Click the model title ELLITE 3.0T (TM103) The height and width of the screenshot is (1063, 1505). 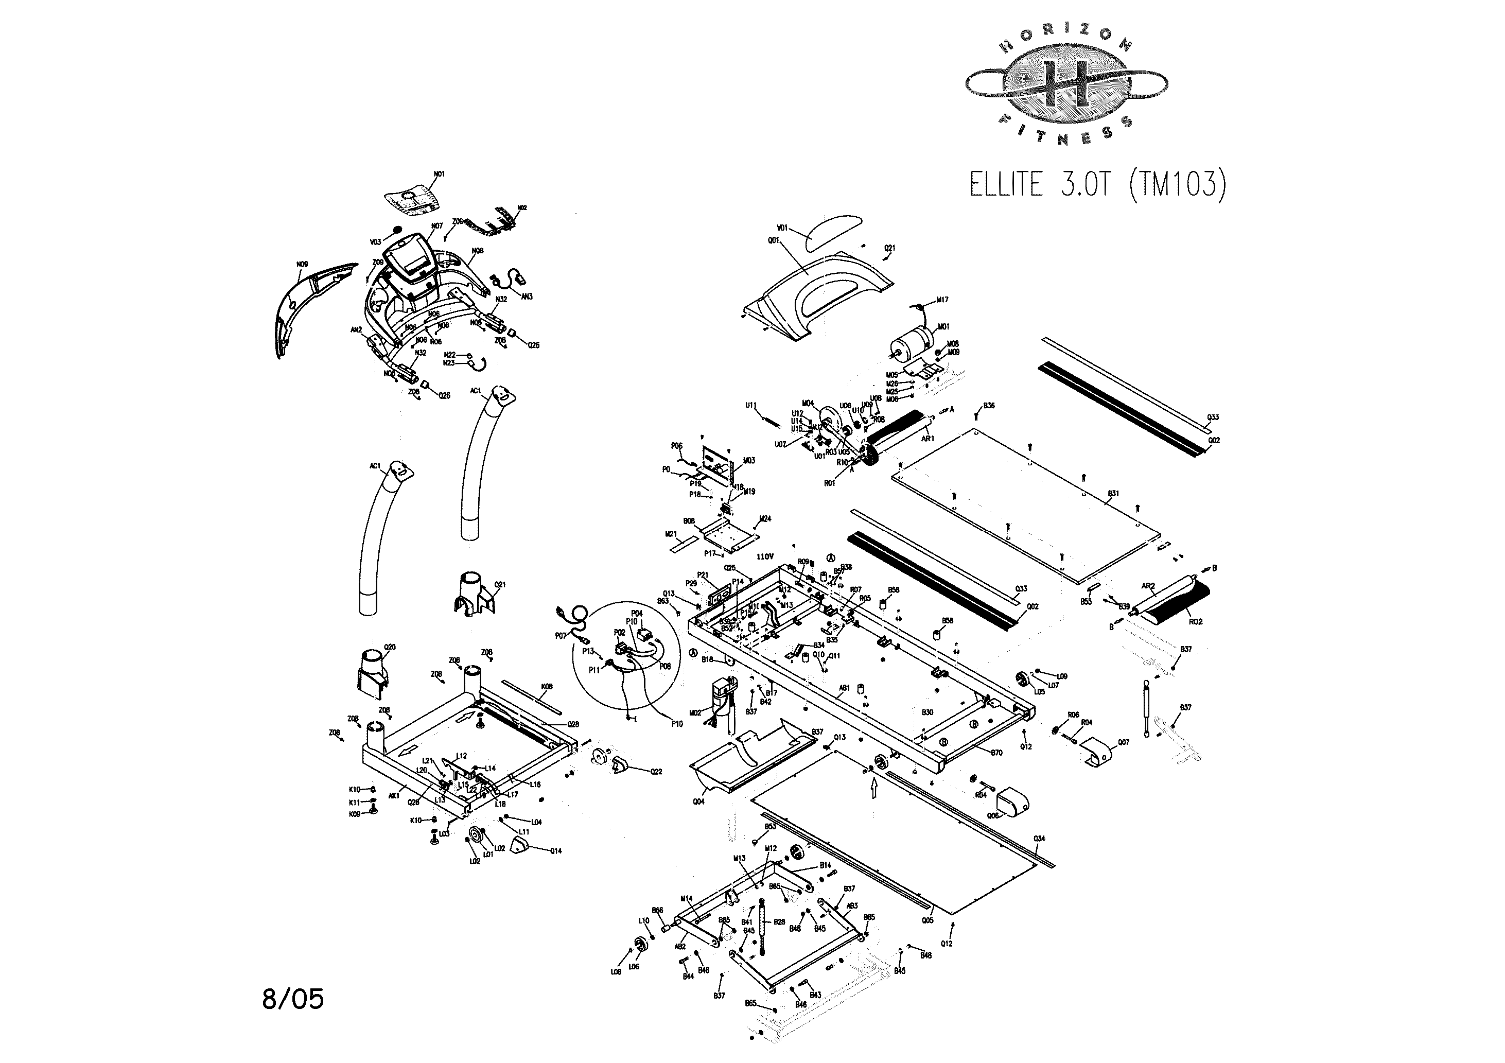[x=1097, y=184]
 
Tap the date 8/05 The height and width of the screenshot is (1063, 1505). [x=292, y=999]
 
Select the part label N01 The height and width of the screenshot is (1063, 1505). [x=439, y=175]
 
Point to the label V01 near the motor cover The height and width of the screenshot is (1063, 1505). [x=782, y=228]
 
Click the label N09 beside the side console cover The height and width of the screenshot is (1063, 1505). [x=302, y=264]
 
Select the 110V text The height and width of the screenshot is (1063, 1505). [x=765, y=556]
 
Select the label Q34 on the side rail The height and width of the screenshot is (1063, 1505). [x=1039, y=838]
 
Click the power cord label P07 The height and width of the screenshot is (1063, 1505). [x=560, y=635]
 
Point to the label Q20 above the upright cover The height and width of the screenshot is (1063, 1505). [x=389, y=647]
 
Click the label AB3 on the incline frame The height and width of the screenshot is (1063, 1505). [x=851, y=905]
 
